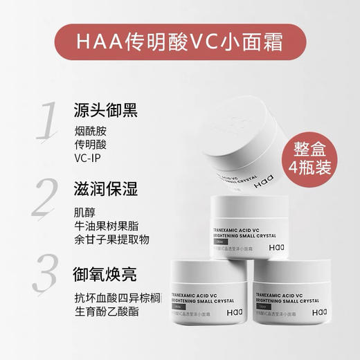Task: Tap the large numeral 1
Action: click(x=46, y=123)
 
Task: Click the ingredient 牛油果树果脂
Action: click(x=105, y=226)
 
